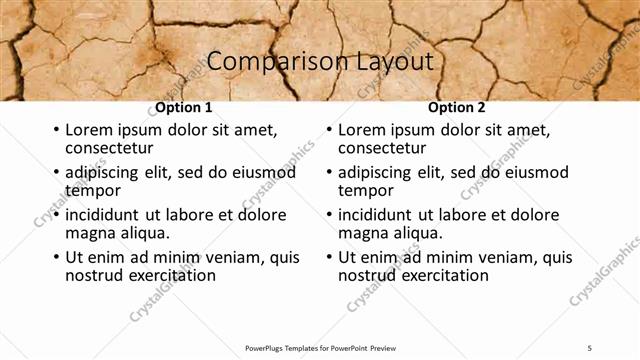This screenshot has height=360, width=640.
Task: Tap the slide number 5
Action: coord(590,347)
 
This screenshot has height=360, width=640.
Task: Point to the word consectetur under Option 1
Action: coord(107,148)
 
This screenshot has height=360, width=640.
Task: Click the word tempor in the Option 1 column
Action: coord(93,190)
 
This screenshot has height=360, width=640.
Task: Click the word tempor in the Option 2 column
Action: coord(366,190)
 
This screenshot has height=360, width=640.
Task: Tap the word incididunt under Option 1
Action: coord(102,215)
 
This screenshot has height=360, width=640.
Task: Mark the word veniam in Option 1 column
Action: coord(234,257)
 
